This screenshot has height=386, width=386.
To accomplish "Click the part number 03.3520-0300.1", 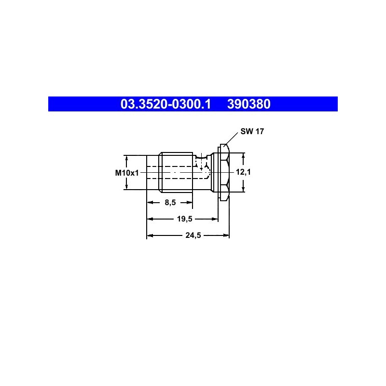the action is (x=165, y=104).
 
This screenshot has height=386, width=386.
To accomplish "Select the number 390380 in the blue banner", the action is (x=248, y=104).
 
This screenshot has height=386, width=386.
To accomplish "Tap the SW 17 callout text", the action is (x=252, y=131).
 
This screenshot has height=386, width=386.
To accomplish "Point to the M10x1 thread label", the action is (x=127, y=173).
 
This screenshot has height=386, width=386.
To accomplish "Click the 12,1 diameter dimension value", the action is (x=243, y=172).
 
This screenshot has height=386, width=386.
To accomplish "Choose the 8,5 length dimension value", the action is (x=170, y=202).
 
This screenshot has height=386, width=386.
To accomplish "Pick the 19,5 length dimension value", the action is (x=185, y=219).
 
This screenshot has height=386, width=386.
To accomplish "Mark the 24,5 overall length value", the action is (x=193, y=235).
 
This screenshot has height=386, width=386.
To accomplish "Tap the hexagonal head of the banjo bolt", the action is (x=224, y=173).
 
